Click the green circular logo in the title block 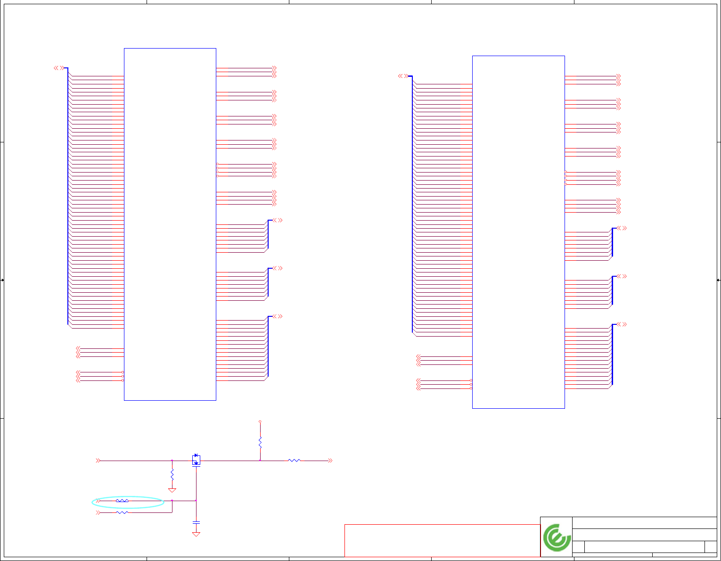(557, 537)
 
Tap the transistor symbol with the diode (196, 460)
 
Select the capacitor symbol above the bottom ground (196, 522)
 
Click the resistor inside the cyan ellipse (122, 501)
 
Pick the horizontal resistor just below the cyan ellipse (122, 512)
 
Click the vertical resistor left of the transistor (172, 473)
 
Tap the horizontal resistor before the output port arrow (294, 461)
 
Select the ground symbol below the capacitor (196, 535)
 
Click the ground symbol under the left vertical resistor (172, 490)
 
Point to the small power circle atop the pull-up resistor (260, 421)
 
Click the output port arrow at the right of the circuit (330, 461)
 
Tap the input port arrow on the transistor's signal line (98, 461)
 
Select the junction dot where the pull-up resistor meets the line (260, 461)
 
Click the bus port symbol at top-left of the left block (58, 68)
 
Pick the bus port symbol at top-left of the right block (402, 76)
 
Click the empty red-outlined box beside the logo (442, 540)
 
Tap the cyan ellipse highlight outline (93, 503)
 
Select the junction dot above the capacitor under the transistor (196, 500)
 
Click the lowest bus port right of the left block (278, 316)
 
